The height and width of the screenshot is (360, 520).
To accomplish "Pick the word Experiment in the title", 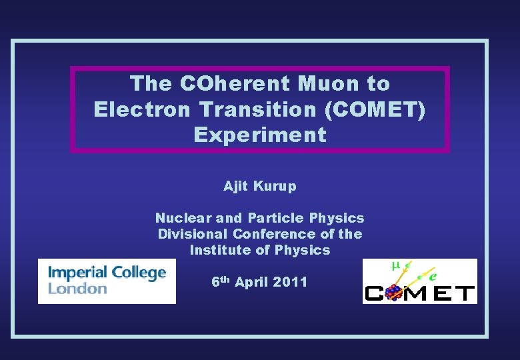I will pos(260,135).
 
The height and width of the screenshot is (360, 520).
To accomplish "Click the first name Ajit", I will pos(235,187).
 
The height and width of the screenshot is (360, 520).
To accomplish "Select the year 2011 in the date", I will pos(290,282).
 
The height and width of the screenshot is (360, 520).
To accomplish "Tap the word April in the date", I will pos(251,283).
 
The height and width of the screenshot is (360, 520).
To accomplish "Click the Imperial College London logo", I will pos(107,281).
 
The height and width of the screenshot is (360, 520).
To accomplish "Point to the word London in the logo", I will pos(78,289).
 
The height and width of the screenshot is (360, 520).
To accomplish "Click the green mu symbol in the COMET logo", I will pos(395,265).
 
